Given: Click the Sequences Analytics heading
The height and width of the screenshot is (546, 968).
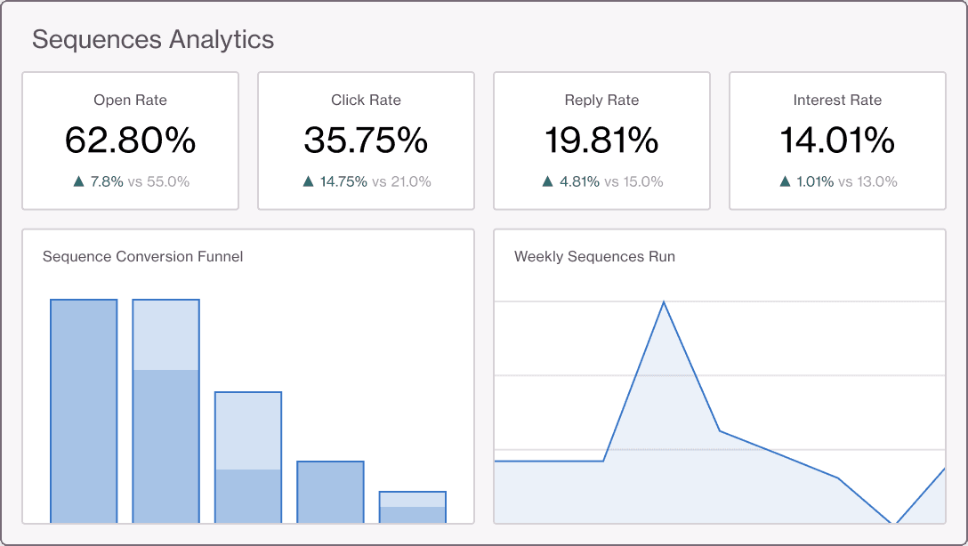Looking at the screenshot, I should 153,40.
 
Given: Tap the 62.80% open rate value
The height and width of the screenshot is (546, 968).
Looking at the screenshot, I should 130,141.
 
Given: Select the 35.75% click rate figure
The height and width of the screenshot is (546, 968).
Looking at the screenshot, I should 366,141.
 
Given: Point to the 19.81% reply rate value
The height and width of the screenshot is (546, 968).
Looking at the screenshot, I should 601,141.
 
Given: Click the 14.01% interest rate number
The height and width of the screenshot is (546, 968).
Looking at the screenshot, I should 837,141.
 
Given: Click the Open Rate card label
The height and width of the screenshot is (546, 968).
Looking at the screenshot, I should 130,100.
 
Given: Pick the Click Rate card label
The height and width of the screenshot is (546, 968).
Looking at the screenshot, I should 366,100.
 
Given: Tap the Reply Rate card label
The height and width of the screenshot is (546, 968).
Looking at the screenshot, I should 601,100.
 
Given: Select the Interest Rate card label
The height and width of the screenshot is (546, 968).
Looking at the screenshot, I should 837,100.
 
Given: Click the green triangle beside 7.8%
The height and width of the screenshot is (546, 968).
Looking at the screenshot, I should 78,181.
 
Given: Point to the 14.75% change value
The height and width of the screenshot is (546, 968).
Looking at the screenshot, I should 343,181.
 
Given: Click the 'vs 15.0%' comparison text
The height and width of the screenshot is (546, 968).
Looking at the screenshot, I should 633,181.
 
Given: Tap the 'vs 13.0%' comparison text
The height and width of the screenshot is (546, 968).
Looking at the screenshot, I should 867,181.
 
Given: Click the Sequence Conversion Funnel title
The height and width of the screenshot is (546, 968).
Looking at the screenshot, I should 142,257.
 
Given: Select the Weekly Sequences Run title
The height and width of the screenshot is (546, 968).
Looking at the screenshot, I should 594,257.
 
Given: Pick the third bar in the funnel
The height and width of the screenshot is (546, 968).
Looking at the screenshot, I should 248,457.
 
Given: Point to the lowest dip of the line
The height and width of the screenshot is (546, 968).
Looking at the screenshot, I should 893,522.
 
